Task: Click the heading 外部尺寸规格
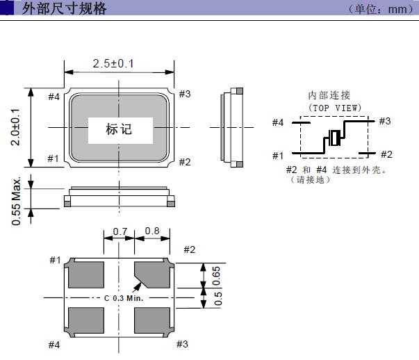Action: coord(64,9)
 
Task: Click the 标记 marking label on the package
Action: coord(118,129)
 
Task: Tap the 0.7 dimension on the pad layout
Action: coord(120,231)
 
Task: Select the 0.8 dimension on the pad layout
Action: coord(152,231)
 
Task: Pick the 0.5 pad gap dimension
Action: coord(215,299)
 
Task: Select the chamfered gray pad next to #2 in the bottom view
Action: coord(152,275)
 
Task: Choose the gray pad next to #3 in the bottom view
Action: coord(152,320)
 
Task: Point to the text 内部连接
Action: coord(329,95)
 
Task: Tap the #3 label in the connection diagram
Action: coord(385,122)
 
